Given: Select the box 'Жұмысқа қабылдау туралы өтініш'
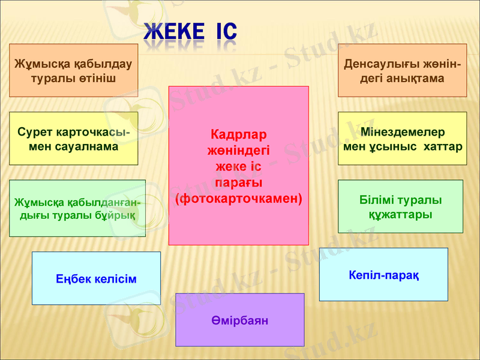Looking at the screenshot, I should [x=74, y=70].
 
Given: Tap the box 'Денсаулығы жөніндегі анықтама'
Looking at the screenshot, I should [x=402, y=70].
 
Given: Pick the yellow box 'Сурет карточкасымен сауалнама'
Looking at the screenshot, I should [x=74, y=138].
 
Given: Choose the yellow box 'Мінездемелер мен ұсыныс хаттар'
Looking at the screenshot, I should [x=402, y=138].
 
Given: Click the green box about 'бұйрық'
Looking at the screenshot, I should [x=77, y=208].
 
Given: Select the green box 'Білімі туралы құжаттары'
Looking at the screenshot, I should [x=400, y=206].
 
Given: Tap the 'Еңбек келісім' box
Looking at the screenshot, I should [x=96, y=278].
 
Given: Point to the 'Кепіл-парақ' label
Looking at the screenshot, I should [x=383, y=275].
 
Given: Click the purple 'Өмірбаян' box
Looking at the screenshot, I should [x=239, y=320].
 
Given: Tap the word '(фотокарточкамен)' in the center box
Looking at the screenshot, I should [x=238, y=197].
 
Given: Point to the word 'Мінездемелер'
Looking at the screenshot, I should [x=403, y=131].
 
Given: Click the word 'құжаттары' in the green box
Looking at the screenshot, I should [x=400, y=214].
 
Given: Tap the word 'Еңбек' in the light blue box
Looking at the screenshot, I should [x=72, y=279].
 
